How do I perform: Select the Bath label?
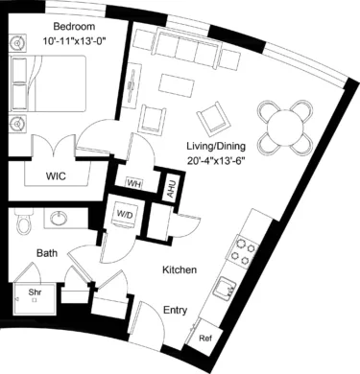[x=46, y=254]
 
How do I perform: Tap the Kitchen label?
[x=180, y=271]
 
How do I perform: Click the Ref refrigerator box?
[x=204, y=339]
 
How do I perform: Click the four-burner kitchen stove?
[x=244, y=251]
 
